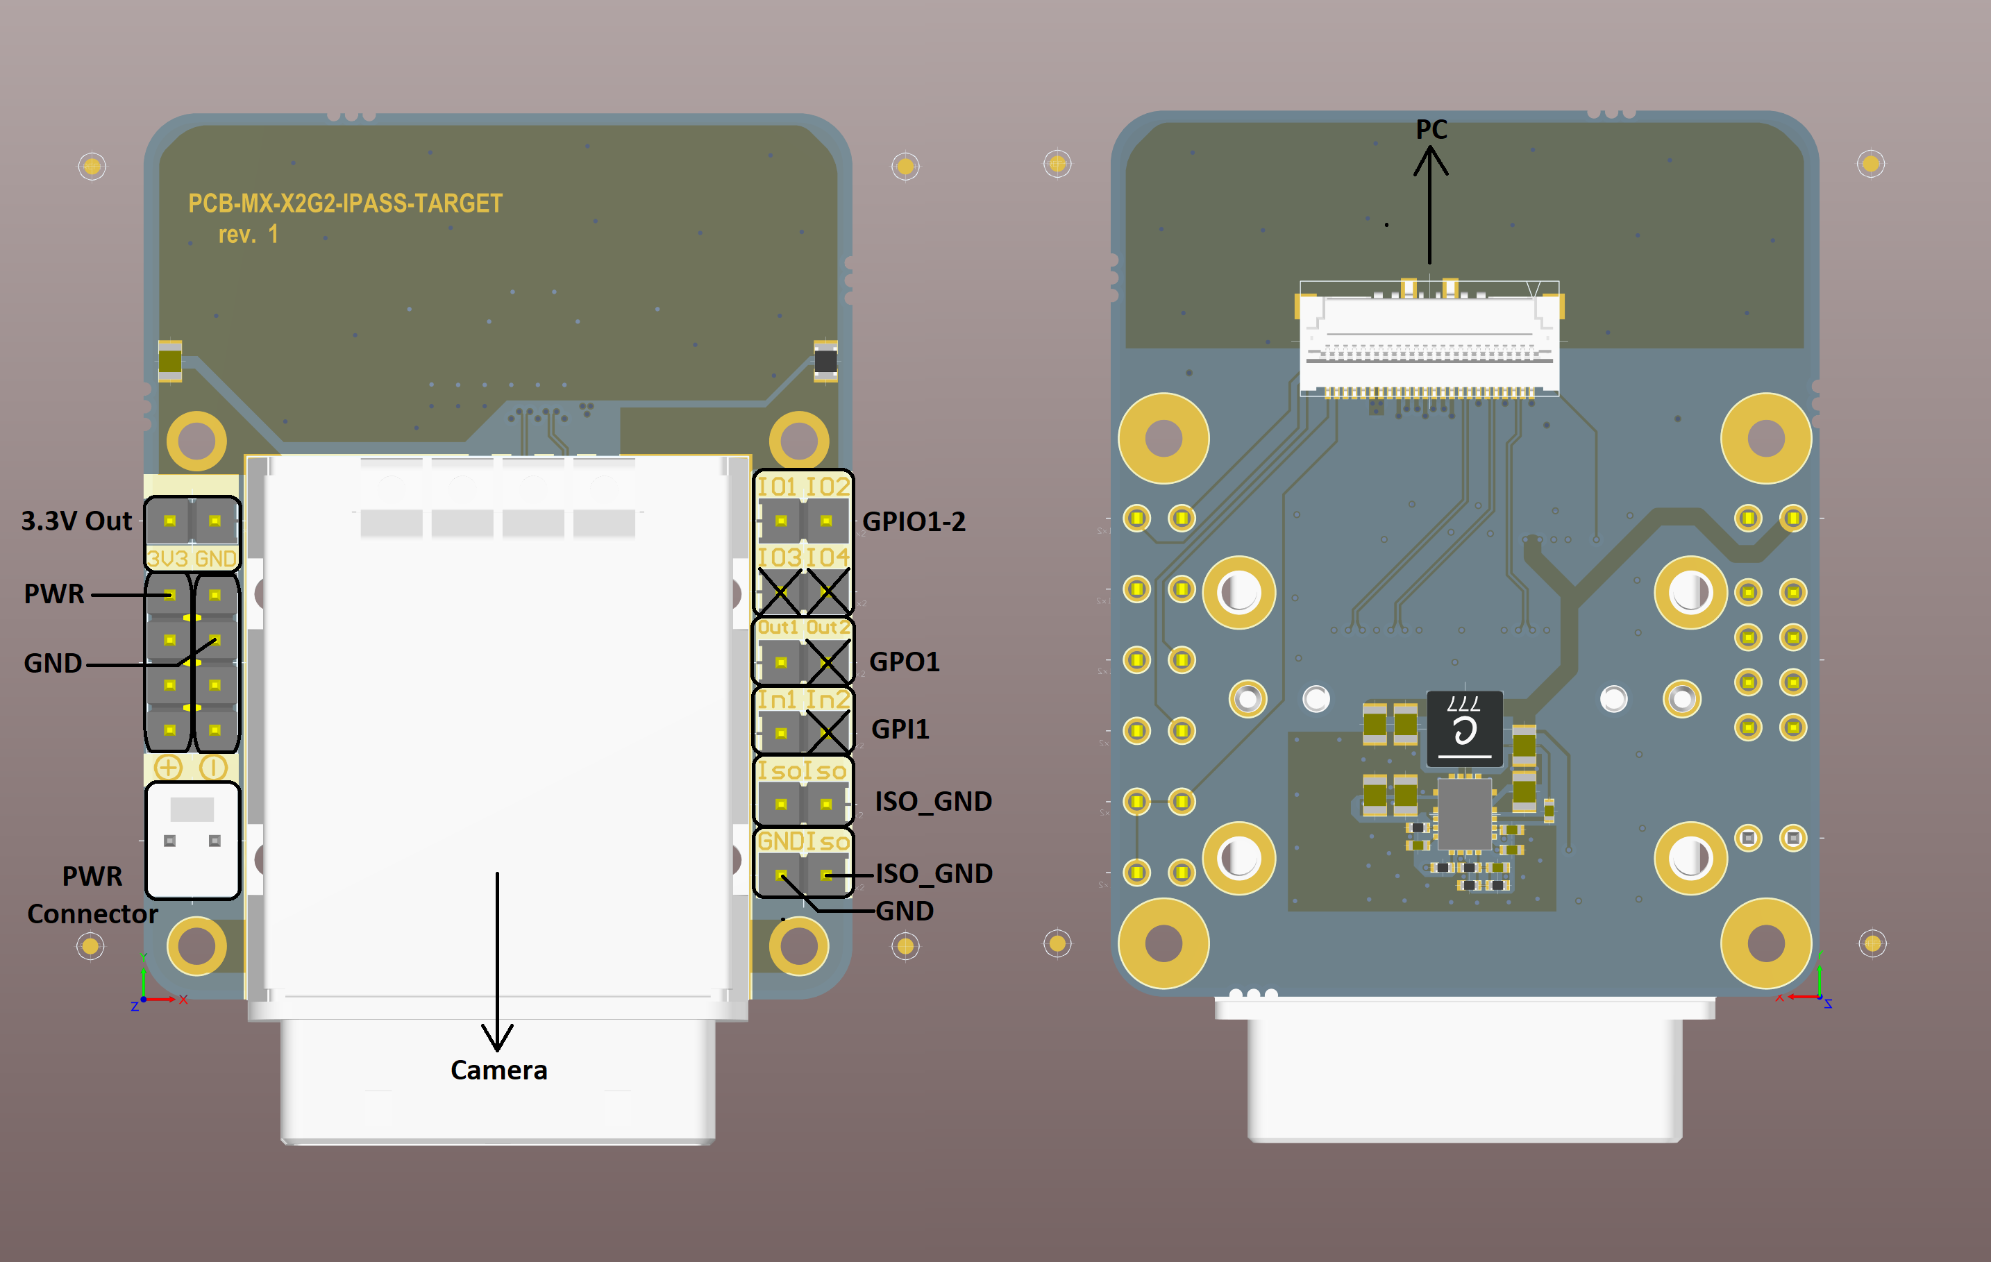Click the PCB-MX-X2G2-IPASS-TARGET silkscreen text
click(345, 203)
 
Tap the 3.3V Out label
click(76, 521)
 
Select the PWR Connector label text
click(92, 895)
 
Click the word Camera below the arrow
click(498, 1070)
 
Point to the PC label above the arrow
click(1431, 130)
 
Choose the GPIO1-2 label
click(914, 522)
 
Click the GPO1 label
click(905, 662)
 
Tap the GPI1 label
click(900, 730)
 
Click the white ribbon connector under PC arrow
click(1429, 339)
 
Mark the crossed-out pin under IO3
click(780, 591)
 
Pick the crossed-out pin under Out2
click(827, 662)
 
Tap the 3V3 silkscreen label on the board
click(168, 559)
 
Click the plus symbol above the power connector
click(168, 768)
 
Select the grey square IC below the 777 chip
click(1463, 814)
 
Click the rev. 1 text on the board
click(248, 235)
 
